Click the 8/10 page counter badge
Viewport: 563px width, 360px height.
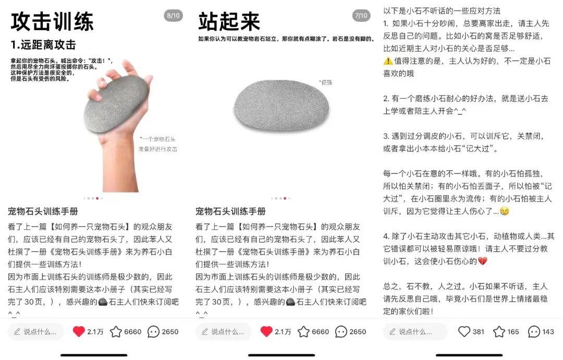tap(173, 16)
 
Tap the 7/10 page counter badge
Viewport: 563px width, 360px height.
tap(361, 16)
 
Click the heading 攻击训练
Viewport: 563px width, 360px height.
tap(53, 21)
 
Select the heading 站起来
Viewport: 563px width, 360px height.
tap(229, 21)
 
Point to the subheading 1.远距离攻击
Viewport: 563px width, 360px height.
tap(43, 45)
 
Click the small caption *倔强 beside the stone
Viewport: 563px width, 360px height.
tap(325, 82)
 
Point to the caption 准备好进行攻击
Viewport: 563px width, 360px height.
tap(157, 149)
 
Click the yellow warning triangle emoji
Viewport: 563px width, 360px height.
tap(388, 61)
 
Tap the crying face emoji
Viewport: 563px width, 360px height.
tap(505, 211)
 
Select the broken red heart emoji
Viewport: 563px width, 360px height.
tap(483, 261)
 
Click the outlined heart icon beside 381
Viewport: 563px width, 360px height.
tap(464, 331)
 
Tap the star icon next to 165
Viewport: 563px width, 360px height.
tap(499, 332)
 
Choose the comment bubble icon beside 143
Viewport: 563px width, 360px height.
tap(534, 332)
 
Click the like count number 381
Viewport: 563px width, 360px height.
tap(478, 332)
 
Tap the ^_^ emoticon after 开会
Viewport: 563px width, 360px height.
tap(460, 111)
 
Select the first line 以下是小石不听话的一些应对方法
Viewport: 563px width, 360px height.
tap(442, 11)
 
